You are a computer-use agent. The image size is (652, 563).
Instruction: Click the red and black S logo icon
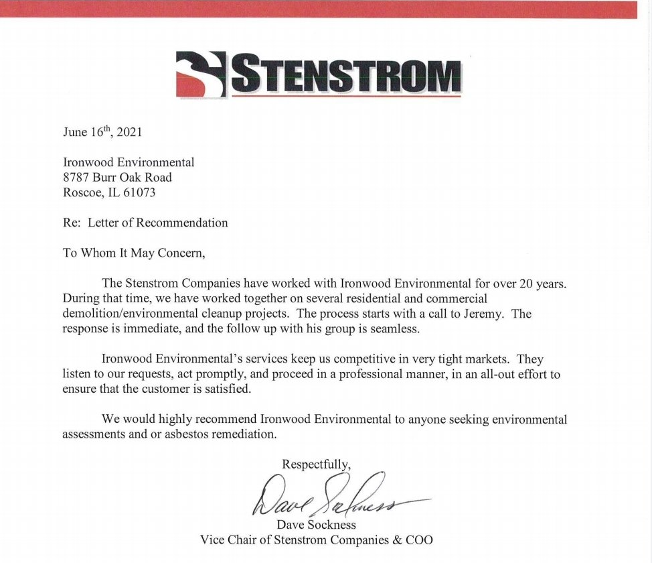[x=201, y=73]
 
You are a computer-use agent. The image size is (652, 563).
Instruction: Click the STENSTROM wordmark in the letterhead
[x=346, y=74]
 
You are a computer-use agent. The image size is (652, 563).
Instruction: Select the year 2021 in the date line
[x=129, y=131]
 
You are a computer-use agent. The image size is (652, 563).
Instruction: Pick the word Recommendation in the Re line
[x=182, y=223]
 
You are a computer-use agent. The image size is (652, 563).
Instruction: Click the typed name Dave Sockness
[x=316, y=525]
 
